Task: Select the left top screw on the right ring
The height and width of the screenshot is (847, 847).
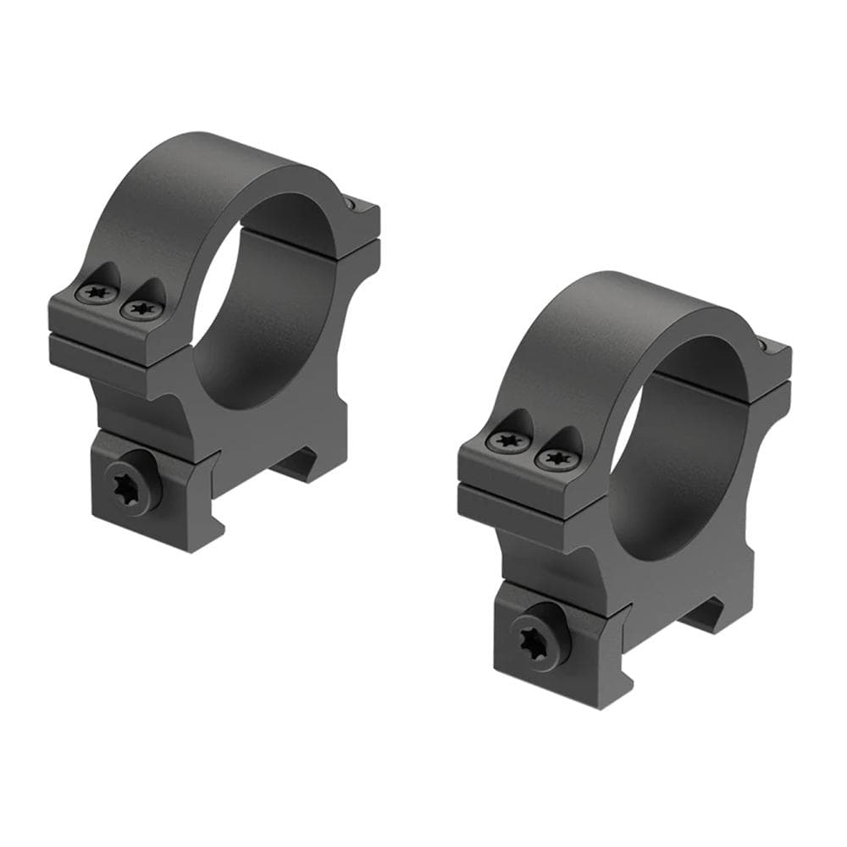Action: click(507, 440)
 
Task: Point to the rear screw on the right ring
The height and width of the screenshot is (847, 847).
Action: click(765, 346)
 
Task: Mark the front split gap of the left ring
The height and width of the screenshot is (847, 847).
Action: click(119, 337)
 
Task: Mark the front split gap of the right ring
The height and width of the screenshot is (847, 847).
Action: click(525, 486)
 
